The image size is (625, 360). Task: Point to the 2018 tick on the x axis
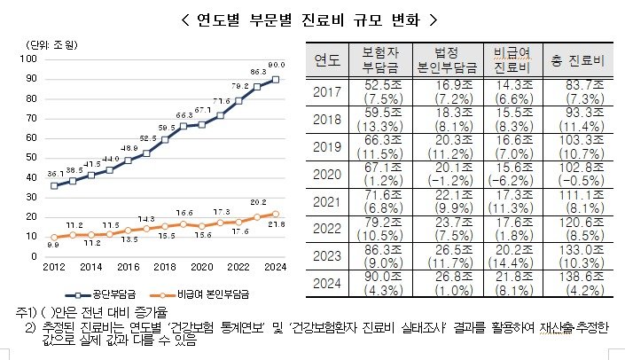tap(164, 266)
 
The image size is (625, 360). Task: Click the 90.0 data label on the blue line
tap(276, 65)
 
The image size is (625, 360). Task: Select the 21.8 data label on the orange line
tap(277, 225)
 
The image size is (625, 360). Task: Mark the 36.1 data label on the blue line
tap(55, 174)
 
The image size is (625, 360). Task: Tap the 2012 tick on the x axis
tap(53, 266)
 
